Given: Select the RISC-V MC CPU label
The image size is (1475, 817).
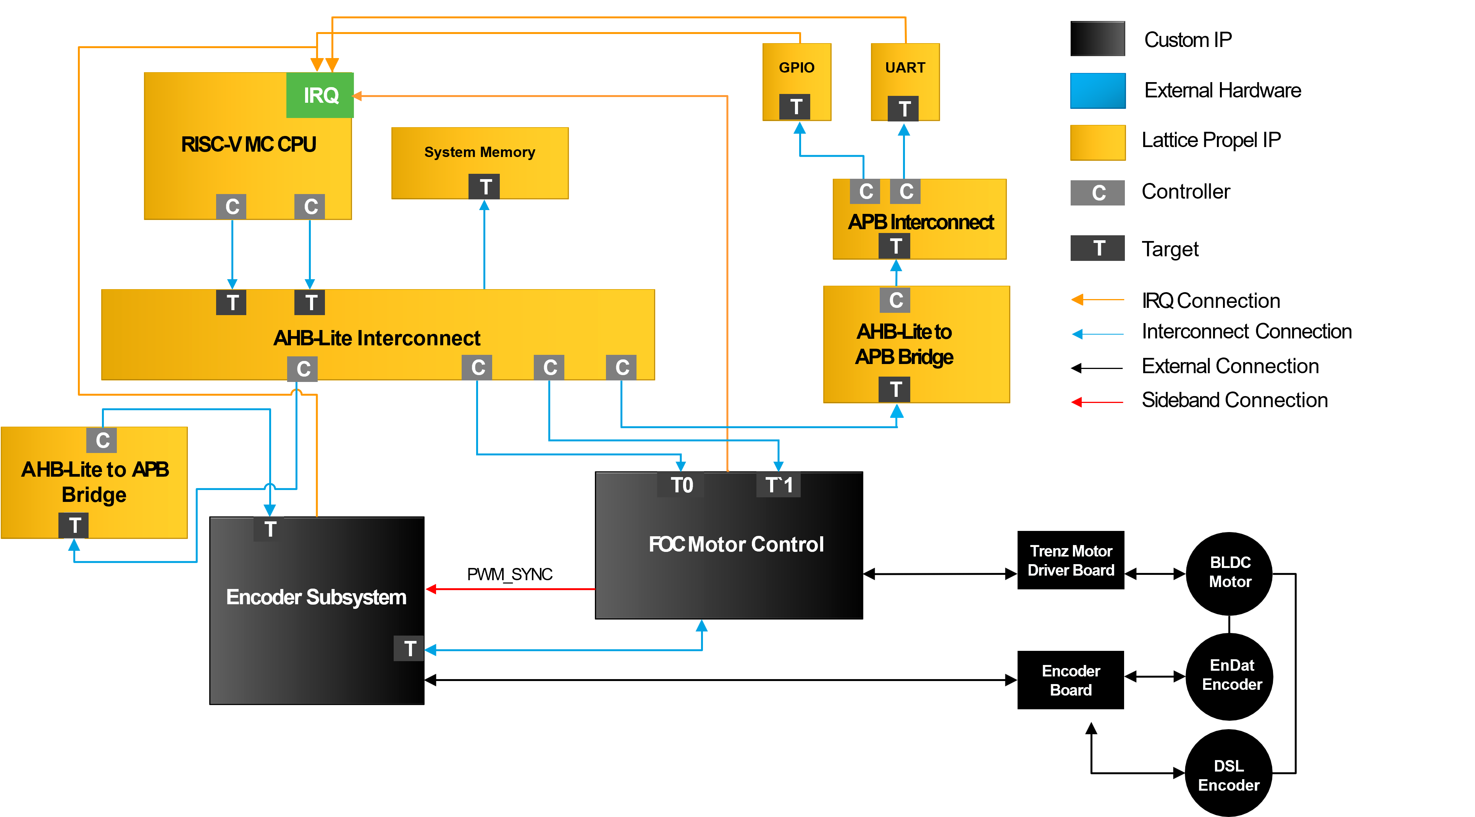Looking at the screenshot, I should (x=249, y=144).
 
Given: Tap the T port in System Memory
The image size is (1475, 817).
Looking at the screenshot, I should (x=485, y=187).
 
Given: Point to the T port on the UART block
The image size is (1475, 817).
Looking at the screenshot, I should (x=903, y=109).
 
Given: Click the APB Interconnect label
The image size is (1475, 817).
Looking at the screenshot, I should (x=920, y=222).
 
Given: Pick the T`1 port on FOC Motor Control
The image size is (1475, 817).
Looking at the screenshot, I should (x=778, y=485).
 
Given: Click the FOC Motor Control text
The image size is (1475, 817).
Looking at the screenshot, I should (x=736, y=544).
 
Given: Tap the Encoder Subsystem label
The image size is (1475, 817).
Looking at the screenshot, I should (x=316, y=597).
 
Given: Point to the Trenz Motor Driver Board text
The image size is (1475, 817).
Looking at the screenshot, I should (x=1070, y=560).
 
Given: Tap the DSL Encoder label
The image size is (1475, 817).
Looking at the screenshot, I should (x=1228, y=775).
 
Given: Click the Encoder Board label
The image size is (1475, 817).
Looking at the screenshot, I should (x=1070, y=680).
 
